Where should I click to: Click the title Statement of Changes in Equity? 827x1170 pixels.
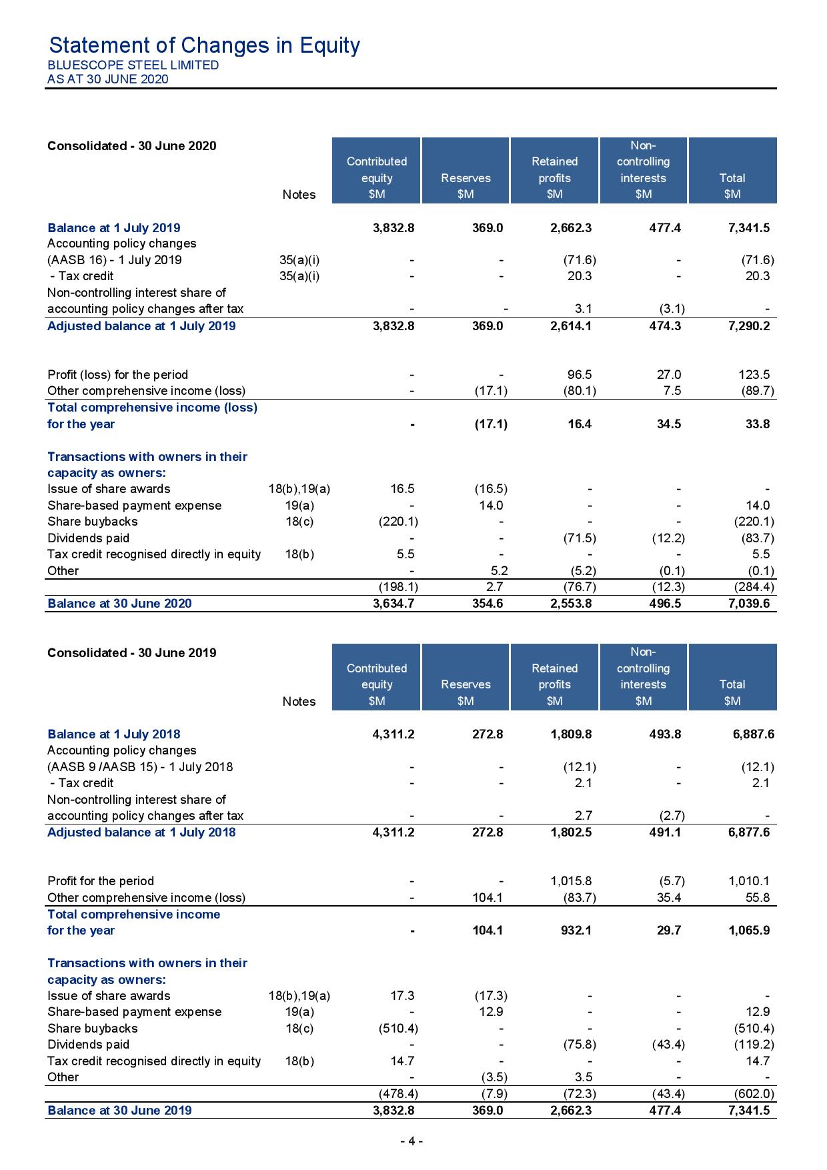click(204, 45)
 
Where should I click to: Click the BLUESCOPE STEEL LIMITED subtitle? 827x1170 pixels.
click(133, 65)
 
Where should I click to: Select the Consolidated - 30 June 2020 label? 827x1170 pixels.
click(131, 146)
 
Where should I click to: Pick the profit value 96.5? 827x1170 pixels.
click(579, 375)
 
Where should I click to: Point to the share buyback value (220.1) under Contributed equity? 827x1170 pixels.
click(398, 522)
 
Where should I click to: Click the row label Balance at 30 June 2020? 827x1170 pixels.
click(119, 604)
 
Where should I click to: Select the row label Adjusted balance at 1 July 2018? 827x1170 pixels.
click(141, 832)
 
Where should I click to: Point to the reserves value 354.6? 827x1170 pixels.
click(486, 604)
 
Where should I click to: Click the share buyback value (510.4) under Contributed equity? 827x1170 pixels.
click(398, 1029)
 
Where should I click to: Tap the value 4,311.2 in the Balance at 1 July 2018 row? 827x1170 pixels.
click(393, 734)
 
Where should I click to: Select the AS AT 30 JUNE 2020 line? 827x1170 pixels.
click(107, 79)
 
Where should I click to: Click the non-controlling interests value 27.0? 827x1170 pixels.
click(668, 375)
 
